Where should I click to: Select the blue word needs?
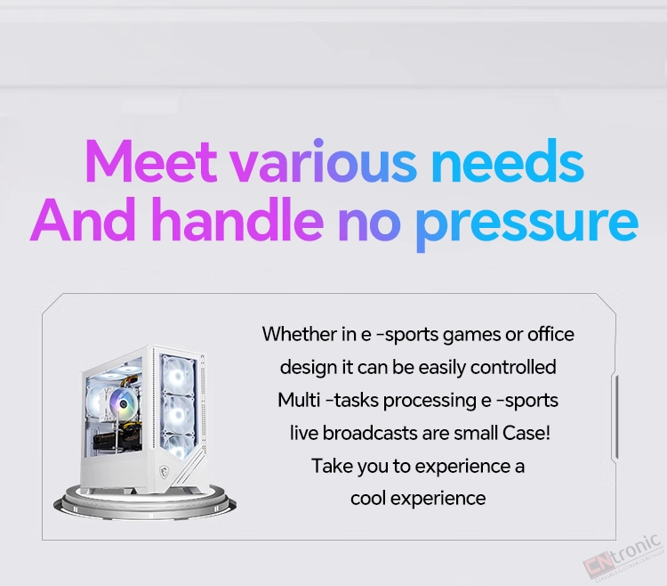(x=508, y=160)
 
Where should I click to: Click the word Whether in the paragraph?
(x=300, y=334)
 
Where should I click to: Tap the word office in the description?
(x=550, y=334)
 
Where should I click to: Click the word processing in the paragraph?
(x=430, y=402)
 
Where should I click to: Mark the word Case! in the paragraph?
(x=526, y=433)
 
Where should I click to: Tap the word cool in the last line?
(x=368, y=498)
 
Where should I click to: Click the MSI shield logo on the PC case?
(x=164, y=471)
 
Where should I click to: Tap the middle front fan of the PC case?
(x=177, y=414)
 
